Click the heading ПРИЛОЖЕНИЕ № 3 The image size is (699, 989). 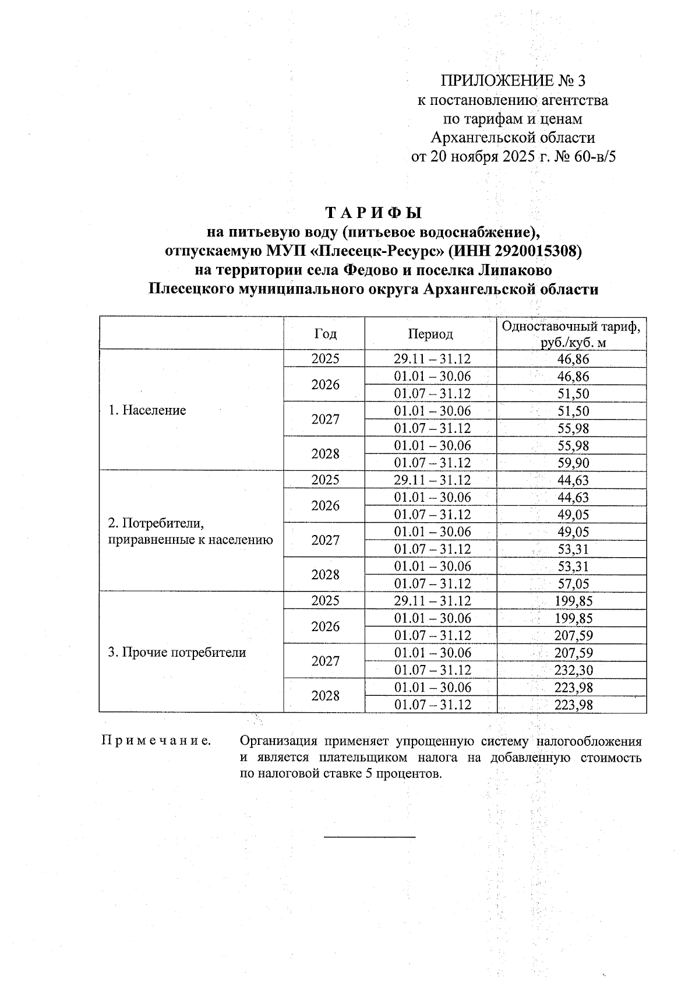point(513,80)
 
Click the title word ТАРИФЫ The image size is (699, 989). point(373,212)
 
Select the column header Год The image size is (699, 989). point(325,334)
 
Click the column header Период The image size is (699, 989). point(430,334)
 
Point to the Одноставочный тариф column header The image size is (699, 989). point(571,334)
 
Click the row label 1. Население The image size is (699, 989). point(147,410)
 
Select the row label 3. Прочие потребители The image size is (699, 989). point(177,652)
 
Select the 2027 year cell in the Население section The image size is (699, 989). point(325,420)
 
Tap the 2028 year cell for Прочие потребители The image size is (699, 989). point(325,696)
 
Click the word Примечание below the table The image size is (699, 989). point(156,741)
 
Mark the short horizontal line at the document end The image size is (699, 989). point(369,837)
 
